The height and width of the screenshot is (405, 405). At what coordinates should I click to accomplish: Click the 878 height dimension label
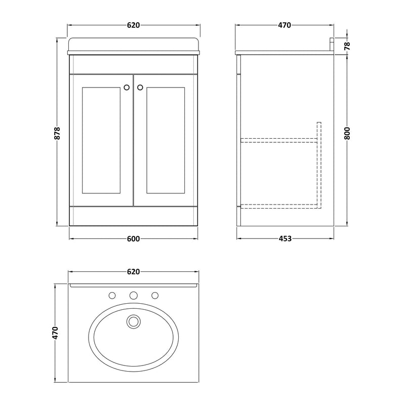tap(57, 133)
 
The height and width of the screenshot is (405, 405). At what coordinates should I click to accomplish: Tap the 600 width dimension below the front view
tap(133, 239)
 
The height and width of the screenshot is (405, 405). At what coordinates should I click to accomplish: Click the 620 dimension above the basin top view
tap(133, 272)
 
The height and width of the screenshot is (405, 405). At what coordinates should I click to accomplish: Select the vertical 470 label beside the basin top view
tap(56, 333)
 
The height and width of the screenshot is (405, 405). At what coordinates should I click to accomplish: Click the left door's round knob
tap(126, 87)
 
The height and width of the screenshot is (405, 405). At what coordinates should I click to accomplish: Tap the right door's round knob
tap(140, 87)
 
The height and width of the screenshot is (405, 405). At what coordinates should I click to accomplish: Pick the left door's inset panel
tap(101, 140)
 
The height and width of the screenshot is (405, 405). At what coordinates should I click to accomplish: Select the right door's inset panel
tap(165, 140)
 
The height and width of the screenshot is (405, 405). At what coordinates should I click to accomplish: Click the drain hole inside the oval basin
tap(133, 320)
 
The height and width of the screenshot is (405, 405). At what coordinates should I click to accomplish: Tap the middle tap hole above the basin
tap(133, 295)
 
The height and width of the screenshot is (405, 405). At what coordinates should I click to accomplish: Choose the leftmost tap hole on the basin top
tap(112, 295)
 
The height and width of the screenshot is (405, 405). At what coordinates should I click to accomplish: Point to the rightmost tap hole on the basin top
tap(155, 295)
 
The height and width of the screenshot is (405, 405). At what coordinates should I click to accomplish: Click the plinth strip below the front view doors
tap(133, 216)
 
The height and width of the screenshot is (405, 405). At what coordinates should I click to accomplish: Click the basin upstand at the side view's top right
tap(332, 44)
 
